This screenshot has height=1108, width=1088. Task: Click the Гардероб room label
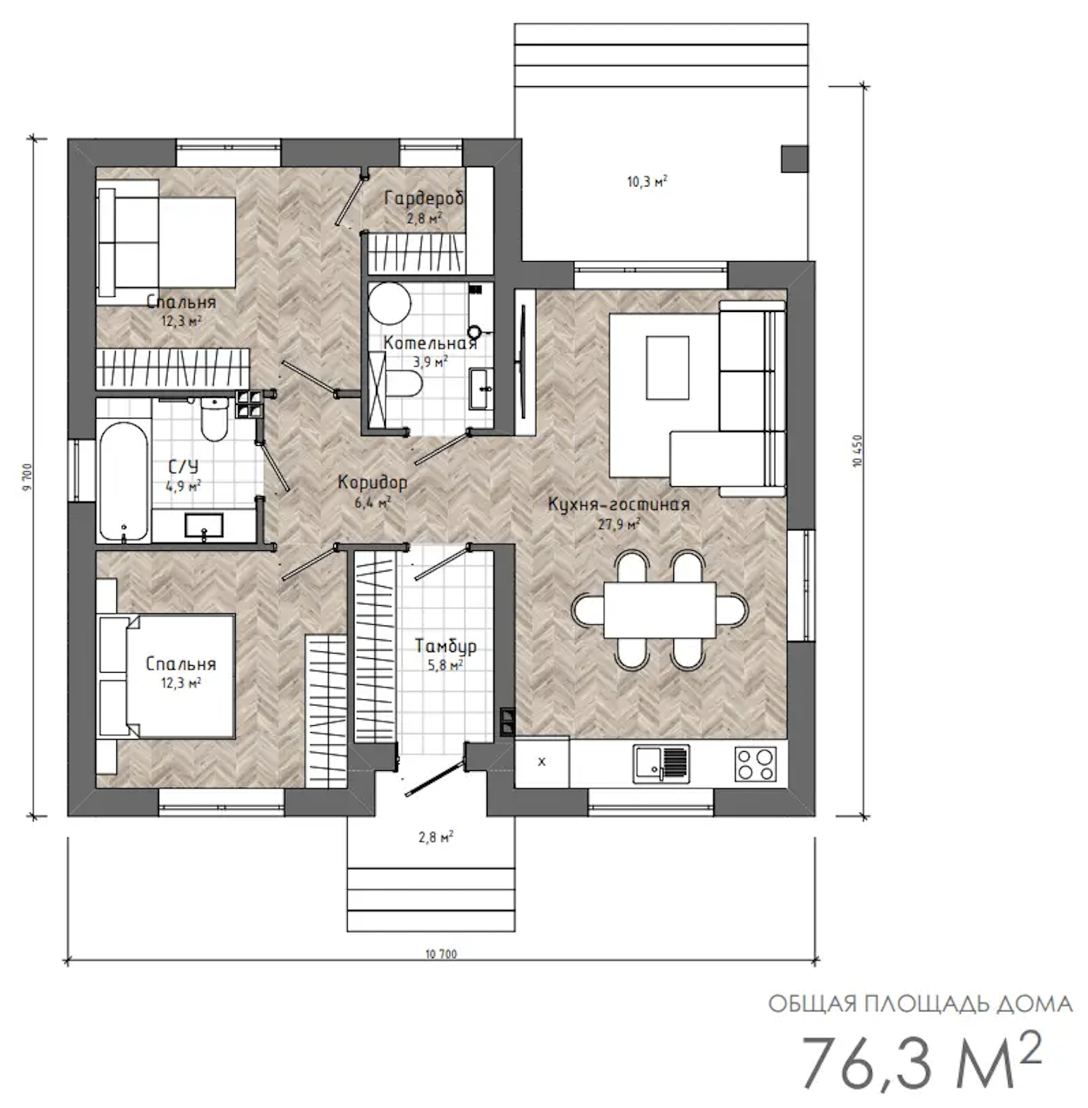pos(425,199)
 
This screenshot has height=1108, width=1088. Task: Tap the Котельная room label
pos(430,343)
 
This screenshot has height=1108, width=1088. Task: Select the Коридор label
pos(372,482)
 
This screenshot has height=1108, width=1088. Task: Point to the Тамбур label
pos(446,646)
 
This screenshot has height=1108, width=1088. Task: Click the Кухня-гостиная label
pos(619,505)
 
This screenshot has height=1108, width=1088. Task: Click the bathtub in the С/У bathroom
pos(123,482)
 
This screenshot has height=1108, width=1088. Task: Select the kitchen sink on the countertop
pos(661,764)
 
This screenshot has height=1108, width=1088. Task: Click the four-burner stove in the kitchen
pos(755,764)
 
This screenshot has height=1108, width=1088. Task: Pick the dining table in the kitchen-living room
pos(660,610)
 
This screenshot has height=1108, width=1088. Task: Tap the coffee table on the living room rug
pos(667,368)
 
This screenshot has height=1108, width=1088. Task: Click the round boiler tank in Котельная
pos(390,304)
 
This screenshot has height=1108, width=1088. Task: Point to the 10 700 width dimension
pos(441,954)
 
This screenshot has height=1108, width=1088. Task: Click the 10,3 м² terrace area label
pos(647,183)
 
